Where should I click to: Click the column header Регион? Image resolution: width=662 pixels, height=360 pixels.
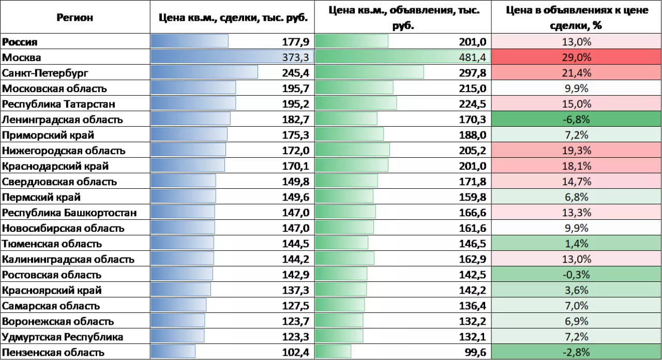[75, 18]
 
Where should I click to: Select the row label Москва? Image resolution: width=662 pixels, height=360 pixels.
[22, 57]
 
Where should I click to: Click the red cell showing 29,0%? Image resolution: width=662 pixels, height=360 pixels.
[576, 57]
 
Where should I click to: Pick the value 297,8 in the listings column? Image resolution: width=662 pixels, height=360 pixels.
[472, 73]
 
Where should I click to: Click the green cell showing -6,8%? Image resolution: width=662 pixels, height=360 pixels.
[576, 119]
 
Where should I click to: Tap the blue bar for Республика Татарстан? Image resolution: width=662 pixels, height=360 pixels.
[193, 104]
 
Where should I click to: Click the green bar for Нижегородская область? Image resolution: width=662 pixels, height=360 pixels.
[352, 151]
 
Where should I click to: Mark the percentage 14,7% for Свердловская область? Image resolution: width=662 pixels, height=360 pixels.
[576, 182]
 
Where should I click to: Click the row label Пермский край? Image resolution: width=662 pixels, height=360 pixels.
[41, 197]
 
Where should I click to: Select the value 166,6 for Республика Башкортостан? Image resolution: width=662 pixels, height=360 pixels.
[472, 213]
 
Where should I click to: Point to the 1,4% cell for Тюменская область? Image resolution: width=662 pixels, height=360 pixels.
[576, 244]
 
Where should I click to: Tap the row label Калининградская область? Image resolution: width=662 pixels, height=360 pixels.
[68, 259]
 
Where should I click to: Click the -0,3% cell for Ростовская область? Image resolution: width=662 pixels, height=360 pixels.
[576, 275]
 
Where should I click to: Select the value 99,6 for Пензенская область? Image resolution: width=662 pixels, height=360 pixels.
[475, 352]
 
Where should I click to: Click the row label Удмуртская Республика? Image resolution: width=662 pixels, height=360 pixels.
[63, 337]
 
